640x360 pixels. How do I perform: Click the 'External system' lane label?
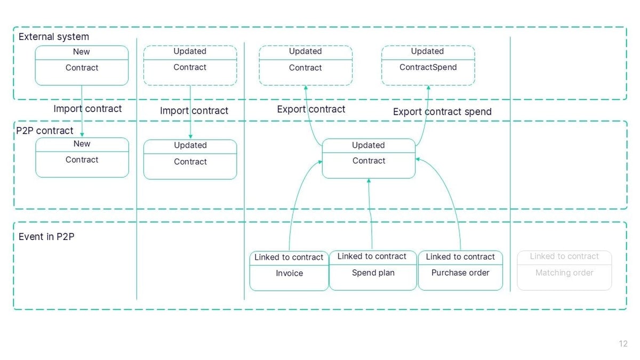(54, 37)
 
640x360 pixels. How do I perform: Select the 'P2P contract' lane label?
(45, 131)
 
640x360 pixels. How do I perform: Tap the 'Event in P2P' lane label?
(46, 236)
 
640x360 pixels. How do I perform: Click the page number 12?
(623, 344)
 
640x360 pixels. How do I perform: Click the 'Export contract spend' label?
(442, 111)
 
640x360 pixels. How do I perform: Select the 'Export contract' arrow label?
(311, 109)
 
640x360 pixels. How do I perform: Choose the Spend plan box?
(373, 271)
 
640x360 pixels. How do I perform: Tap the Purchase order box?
(460, 271)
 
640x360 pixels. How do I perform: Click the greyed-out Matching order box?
(564, 271)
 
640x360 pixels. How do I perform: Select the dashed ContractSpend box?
(428, 66)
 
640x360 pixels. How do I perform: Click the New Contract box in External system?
(82, 66)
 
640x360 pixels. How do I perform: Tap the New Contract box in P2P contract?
(82, 157)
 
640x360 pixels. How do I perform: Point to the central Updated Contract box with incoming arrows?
(369, 158)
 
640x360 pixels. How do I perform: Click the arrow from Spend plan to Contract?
(370, 213)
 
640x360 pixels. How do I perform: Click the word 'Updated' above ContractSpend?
(427, 51)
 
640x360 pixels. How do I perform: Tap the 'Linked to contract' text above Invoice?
(289, 257)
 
